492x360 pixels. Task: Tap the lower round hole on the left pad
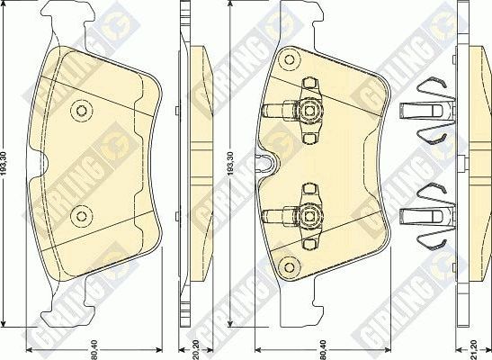tap(83, 214)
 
